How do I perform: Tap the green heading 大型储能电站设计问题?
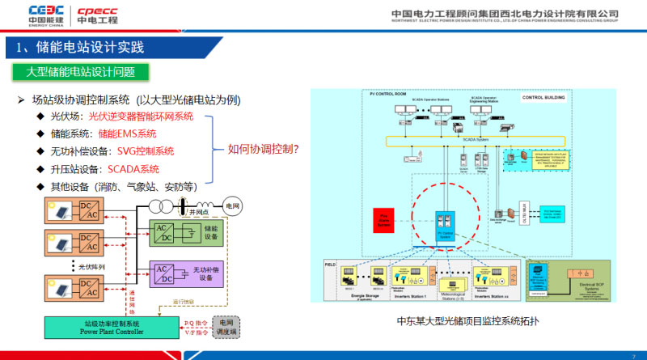pos(81,72)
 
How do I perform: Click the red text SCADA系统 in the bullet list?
pos(133,169)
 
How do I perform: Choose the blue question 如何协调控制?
pos(264,149)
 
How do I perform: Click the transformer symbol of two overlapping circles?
pos(189,205)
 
